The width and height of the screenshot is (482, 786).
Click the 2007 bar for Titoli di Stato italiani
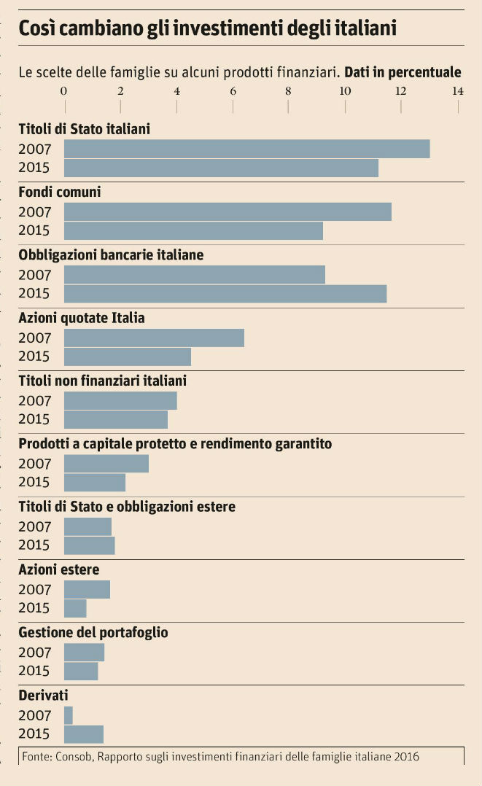246,149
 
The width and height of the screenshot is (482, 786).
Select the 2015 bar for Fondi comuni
193,230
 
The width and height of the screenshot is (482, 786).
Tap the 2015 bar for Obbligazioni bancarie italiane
225,293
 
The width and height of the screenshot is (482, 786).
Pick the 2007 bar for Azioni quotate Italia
154,338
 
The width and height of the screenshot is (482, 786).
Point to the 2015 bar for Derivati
84,734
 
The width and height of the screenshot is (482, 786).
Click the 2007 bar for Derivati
69,715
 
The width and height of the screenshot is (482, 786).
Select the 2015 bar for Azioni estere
75,608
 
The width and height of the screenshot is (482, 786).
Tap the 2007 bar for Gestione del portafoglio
84,652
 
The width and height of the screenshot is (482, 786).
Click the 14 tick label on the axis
457,91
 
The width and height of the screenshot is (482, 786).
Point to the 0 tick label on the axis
64,91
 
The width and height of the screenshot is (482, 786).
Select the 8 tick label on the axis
289,91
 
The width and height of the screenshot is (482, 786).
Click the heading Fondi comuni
60,192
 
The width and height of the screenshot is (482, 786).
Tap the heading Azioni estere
59,569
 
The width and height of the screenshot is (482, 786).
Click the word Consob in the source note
72,756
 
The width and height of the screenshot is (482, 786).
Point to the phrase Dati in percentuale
403,72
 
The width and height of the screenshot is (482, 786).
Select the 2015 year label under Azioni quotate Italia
34,357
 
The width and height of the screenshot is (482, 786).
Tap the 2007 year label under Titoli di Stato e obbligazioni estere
34,526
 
